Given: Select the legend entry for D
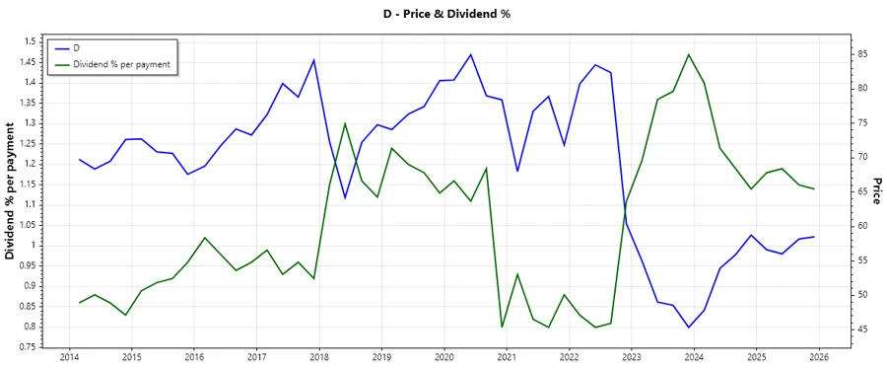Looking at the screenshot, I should coord(78,47).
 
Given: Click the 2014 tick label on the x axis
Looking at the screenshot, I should coord(69,357).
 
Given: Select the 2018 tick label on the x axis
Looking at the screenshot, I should coord(319,357).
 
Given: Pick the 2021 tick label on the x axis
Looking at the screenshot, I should coord(507,357).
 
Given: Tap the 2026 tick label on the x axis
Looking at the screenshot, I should coord(819,357).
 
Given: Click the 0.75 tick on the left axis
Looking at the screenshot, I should coord(30,347).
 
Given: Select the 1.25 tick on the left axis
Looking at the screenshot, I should coord(30,143).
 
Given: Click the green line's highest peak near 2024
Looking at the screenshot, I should coord(689,54).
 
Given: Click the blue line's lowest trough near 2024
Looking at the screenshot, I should coord(689,327).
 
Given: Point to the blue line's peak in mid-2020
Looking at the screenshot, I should coord(470,54).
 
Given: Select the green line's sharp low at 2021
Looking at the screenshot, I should coord(502,327).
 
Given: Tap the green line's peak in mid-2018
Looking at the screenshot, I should coord(345,123).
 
